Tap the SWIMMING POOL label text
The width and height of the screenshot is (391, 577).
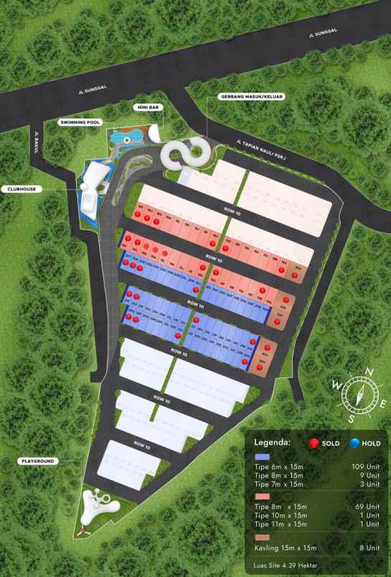click(x=79, y=123)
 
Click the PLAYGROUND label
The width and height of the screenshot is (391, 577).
click(x=37, y=461)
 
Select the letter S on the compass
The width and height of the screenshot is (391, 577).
click(x=350, y=418)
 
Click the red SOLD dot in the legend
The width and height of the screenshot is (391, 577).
click(x=314, y=443)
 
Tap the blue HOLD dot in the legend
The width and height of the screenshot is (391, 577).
click(x=355, y=443)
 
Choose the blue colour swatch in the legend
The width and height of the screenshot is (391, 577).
click(x=263, y=456)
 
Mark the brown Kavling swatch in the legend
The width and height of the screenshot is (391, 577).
click(x=263, y=535)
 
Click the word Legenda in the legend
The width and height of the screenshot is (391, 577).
click(x=273, y=442)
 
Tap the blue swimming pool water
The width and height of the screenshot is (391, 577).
click(x=129, y=138)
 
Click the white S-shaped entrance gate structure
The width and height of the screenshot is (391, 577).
click(x=188, y=153)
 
